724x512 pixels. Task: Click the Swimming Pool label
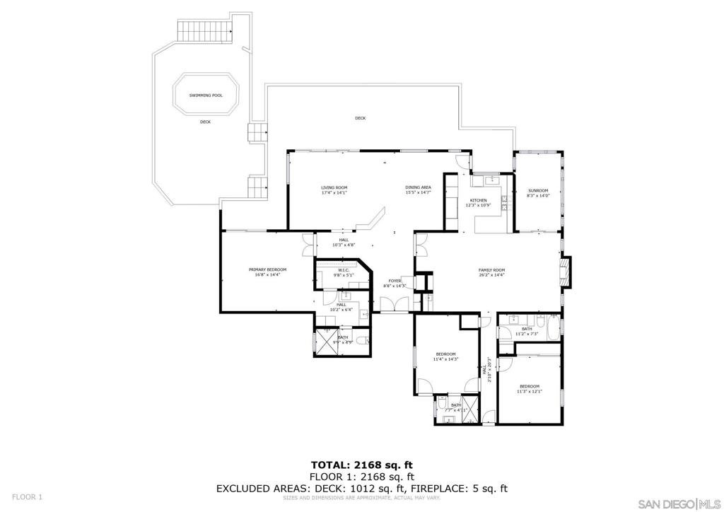tap(205, 95)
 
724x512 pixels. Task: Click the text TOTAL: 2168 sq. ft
tap(361, 465)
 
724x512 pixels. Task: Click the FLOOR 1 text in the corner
tap(27, 496)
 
